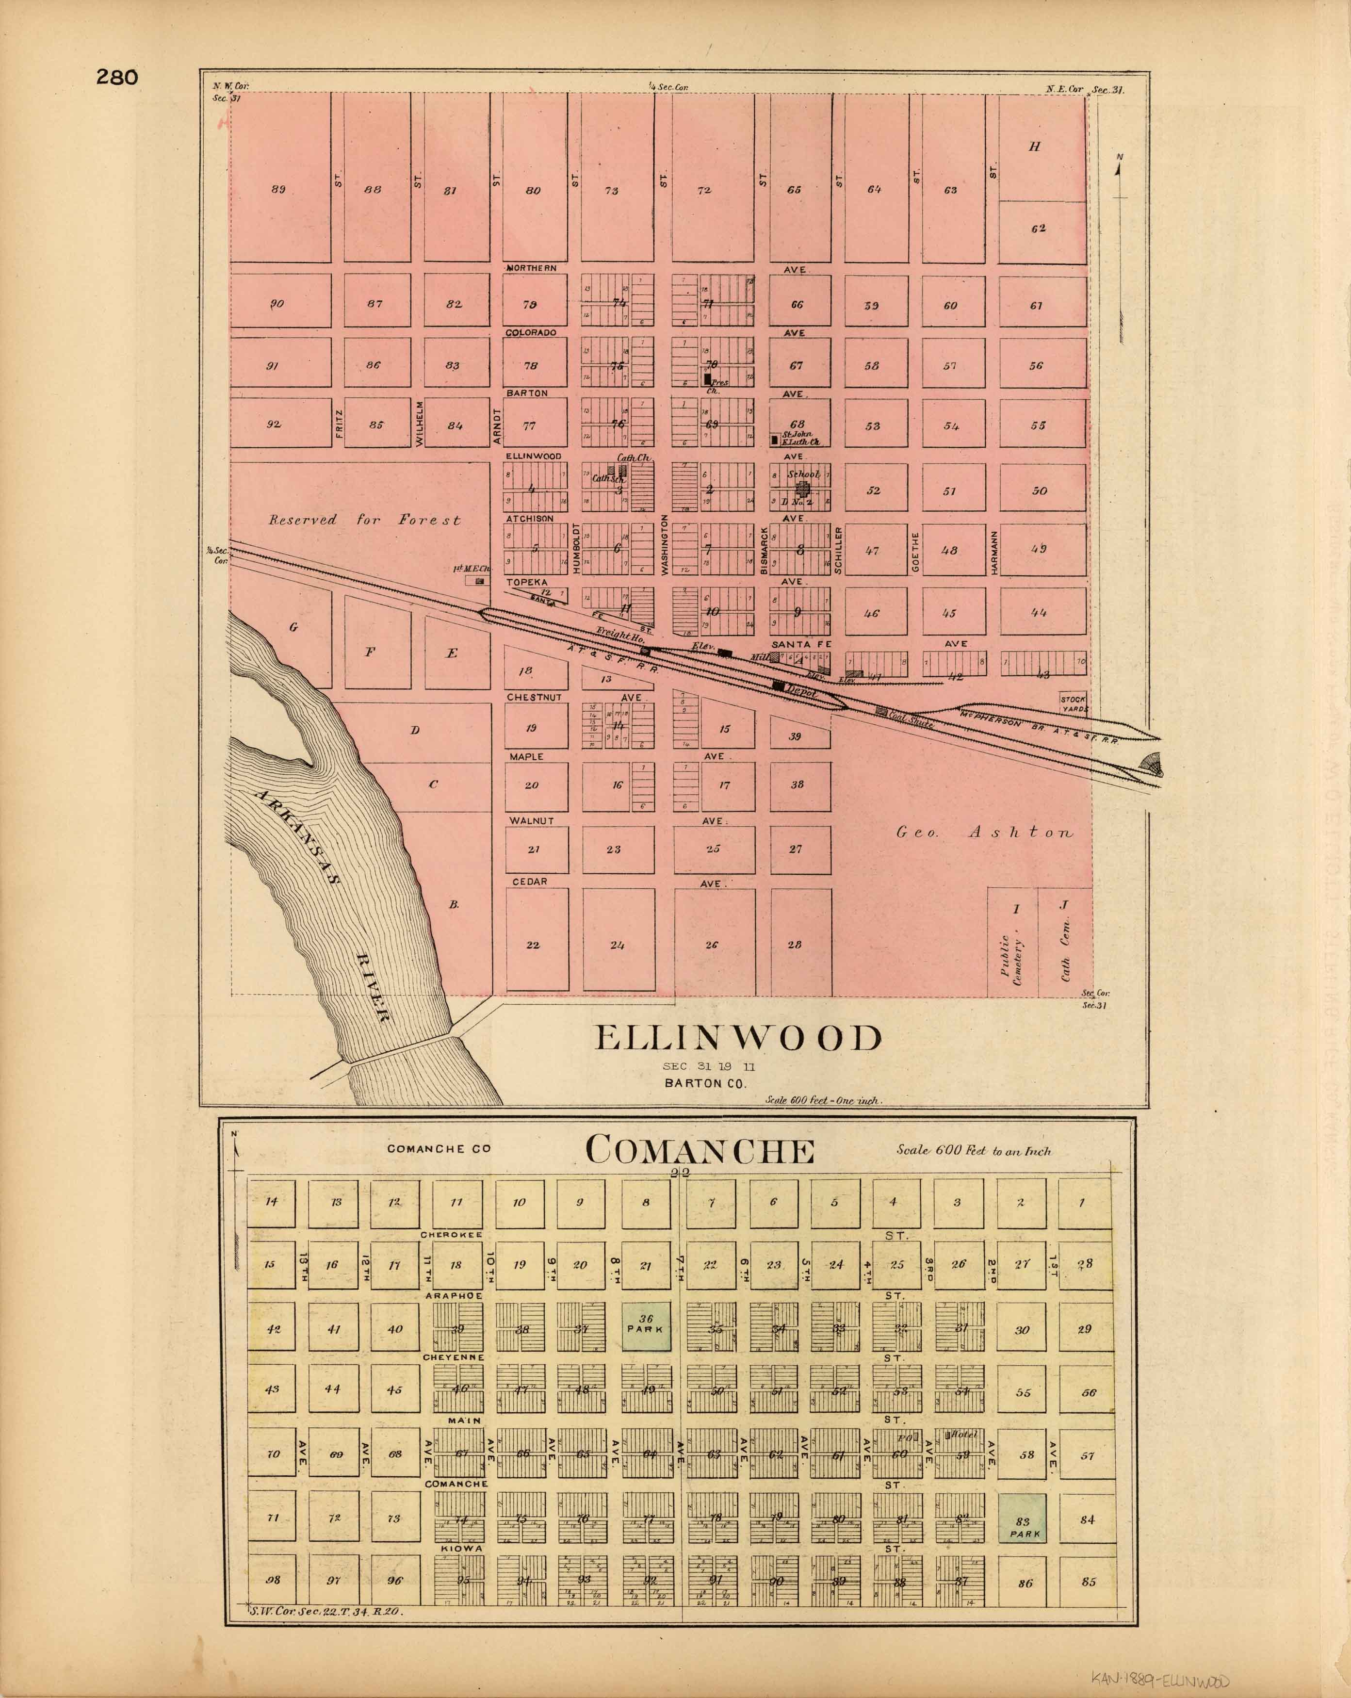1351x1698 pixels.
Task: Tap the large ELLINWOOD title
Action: [x=738, y=1038]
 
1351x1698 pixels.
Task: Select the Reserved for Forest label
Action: [x=364, y=520]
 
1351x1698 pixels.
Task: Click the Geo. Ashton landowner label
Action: [x=984, y=832]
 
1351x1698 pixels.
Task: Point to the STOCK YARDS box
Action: [x=1073, y=703]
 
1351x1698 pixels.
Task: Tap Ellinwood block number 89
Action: [x=278, y=189]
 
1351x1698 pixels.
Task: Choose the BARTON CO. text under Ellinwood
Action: [x=705, y=1083]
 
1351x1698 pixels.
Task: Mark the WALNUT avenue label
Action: [x=531, y=821]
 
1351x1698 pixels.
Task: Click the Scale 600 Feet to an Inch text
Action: [x=973, y=1151]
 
